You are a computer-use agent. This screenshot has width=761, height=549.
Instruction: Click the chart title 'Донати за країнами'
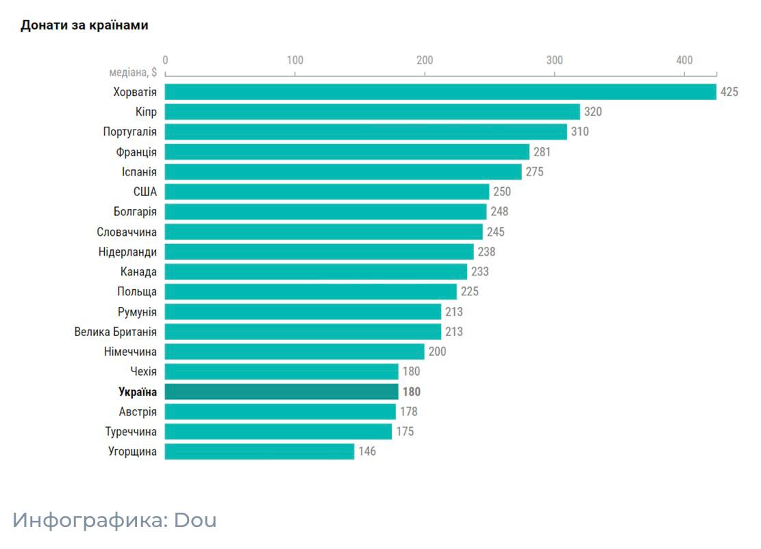click(x=84, y=25)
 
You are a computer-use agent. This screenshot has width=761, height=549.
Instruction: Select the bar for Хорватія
click(x=440, y=92)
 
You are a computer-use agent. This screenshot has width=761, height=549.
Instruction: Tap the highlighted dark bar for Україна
click(x=281, y=392)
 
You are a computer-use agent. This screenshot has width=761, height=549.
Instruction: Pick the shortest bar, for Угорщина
click(x=259, y=452)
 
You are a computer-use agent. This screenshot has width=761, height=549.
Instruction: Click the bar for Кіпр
click(x=372, y=112)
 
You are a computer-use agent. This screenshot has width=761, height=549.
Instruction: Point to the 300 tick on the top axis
click(x=555, y=60)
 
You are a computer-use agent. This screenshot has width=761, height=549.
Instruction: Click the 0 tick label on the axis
click(x=165, y=60)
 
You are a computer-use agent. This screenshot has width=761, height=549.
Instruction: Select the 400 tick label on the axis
click(x=684, y=60)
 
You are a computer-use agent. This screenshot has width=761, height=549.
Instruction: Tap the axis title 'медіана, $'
click(x=133, y=73)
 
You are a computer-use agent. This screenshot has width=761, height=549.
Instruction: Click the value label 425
click(x=729, y=92)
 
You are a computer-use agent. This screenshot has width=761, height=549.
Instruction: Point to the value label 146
click(x=367, y=452)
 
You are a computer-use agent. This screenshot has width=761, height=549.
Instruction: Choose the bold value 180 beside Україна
click(x=411, y=392)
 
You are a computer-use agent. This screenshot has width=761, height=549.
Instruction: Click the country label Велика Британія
click(x=115, y=332)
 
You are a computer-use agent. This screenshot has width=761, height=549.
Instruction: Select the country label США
click(x=145, y=192)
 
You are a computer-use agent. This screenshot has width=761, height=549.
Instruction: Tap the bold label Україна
click(x=137, y=392)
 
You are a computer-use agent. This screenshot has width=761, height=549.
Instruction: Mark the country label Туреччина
click(x=131, y=432)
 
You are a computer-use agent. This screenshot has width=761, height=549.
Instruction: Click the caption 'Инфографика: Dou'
click(x=114, y=520)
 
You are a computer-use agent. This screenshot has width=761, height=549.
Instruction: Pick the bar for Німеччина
click(x=295, y=352)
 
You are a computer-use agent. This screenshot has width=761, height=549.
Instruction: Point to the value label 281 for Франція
click(x=542, y=152)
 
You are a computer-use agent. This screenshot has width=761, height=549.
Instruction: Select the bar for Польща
click(x=310, y=292)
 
